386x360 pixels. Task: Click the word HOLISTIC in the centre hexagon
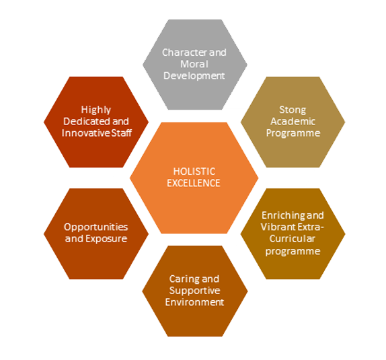[x=194, y=172]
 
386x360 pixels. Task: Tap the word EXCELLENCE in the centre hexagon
[x=194, y=183]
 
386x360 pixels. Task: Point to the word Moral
[x=194, y=64]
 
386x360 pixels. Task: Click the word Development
[x=194, y=76]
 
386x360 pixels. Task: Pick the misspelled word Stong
[x=293, y=110]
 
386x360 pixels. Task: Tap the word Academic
[x=293, y=121]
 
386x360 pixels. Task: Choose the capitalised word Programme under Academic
[x=293, y=133]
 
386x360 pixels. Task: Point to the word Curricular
[x=293, y=238]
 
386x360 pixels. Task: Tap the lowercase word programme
[x=293, y=251]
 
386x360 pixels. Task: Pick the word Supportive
[x=194, y=291]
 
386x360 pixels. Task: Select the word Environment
[x=194, y=302]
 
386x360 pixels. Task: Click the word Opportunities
[x=95, y=227]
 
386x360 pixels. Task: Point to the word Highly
[x=96, y=110]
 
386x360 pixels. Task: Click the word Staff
[x=122, y=133]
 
